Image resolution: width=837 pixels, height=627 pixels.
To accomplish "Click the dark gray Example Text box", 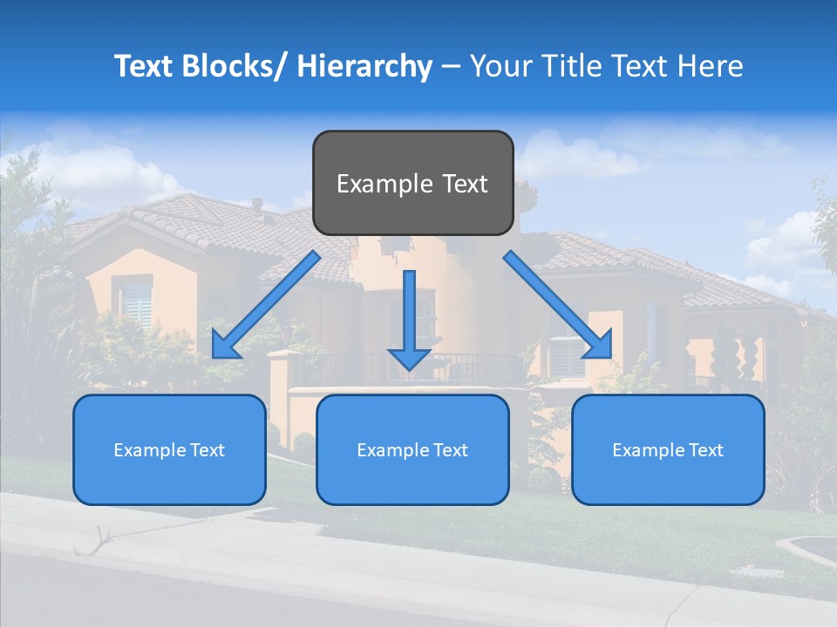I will point(412,183).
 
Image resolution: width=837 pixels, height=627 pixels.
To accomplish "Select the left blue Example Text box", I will point(169,449).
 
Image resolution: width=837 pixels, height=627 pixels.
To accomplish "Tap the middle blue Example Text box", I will point(412,449).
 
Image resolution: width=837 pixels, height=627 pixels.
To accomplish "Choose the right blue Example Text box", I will point(668,449).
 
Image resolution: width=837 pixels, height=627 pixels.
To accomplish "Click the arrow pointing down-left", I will point(262,308).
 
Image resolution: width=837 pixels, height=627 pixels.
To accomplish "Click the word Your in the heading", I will point(500,66).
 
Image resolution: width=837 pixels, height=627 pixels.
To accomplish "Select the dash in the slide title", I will point(451,67).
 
